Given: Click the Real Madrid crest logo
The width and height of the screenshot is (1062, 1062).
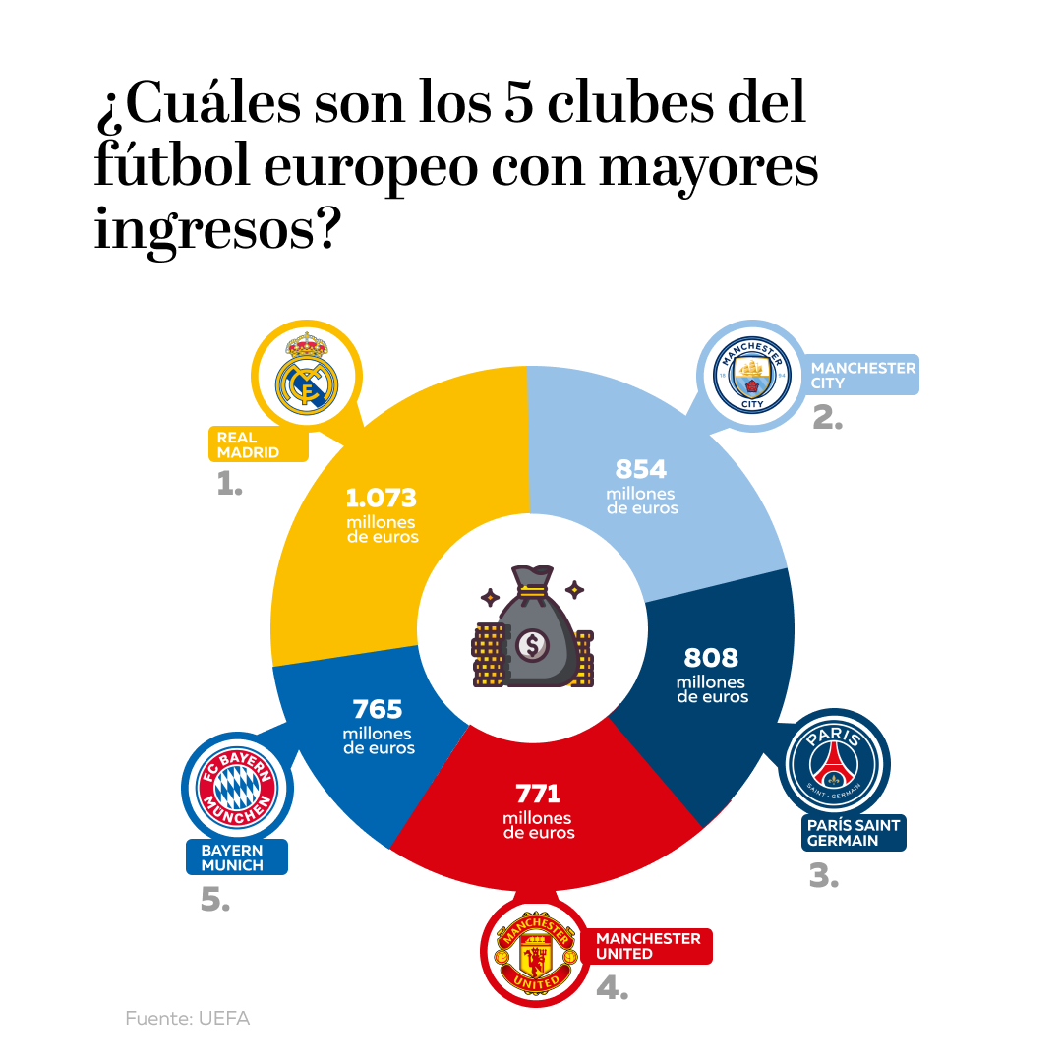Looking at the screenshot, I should point(307,375).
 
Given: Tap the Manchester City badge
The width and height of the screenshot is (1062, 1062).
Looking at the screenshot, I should point(752,375).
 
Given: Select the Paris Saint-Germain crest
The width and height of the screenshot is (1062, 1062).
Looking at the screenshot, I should point(834,764).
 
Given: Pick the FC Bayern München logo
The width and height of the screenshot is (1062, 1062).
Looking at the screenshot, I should point(237,787).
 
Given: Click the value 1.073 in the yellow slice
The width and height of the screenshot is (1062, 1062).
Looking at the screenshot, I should point(382,498).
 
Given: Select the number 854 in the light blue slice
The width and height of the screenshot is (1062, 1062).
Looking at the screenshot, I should point(641,469).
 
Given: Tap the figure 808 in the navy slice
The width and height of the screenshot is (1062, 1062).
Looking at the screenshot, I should point(711,657).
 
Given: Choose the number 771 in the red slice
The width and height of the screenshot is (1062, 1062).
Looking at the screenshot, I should point(538,794).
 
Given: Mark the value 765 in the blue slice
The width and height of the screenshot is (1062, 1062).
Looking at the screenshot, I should point(378,709).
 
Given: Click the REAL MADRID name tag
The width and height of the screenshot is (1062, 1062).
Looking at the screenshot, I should point(258,445).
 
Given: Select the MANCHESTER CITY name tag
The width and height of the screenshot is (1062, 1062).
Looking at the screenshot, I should point(862,375).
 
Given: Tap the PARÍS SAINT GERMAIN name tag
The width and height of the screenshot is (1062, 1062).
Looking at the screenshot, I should point(853,833).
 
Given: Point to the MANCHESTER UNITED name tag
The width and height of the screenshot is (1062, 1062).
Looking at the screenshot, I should point(649,946).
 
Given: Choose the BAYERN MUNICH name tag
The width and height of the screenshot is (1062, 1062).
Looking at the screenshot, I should point(236,857).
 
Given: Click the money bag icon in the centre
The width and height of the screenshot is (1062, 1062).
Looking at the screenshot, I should point(532,629).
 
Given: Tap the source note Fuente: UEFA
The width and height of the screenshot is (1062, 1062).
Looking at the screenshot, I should point(188,1019).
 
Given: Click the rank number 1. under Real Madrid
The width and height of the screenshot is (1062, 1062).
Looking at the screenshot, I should point(229,484).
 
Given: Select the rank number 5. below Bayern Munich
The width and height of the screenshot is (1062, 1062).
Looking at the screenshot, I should point(214,900).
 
